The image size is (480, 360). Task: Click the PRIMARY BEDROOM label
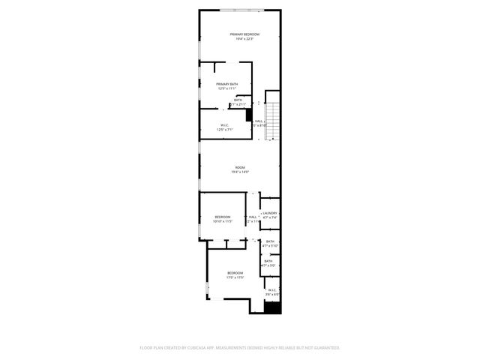[x=245, y=34]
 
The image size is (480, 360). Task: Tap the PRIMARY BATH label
[x=227, y=84]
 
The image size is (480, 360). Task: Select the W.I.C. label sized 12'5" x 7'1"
[x=224, y=125]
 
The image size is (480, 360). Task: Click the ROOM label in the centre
[x=240, y=167]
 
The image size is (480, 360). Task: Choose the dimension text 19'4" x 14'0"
[x=240, y=172]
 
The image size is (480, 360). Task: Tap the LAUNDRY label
[x=270, y=213]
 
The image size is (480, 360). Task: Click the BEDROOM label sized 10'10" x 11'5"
[x=223, y=217]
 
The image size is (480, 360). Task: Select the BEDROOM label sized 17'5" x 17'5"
[x=235, y=273]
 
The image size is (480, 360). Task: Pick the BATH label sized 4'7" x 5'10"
[x=269, y=241]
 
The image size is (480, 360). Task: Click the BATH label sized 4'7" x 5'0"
[x=268, y=262]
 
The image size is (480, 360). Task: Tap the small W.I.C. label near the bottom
[x=271, y=289]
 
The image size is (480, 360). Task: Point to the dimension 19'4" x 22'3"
[x=245, y=40]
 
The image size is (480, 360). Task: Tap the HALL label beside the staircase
[x=259, y=121]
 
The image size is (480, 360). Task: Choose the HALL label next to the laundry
[x=253, y=217]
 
